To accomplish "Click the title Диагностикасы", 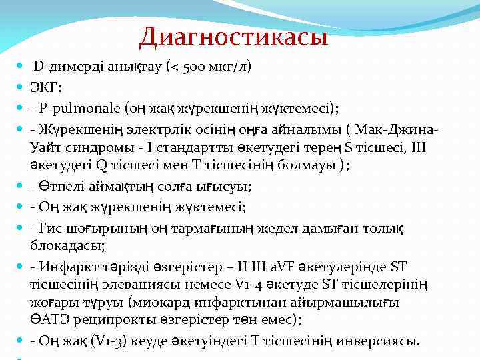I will tap(233, 36).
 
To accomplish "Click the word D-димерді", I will tap(66, 67).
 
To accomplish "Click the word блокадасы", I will tap(65, 246).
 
